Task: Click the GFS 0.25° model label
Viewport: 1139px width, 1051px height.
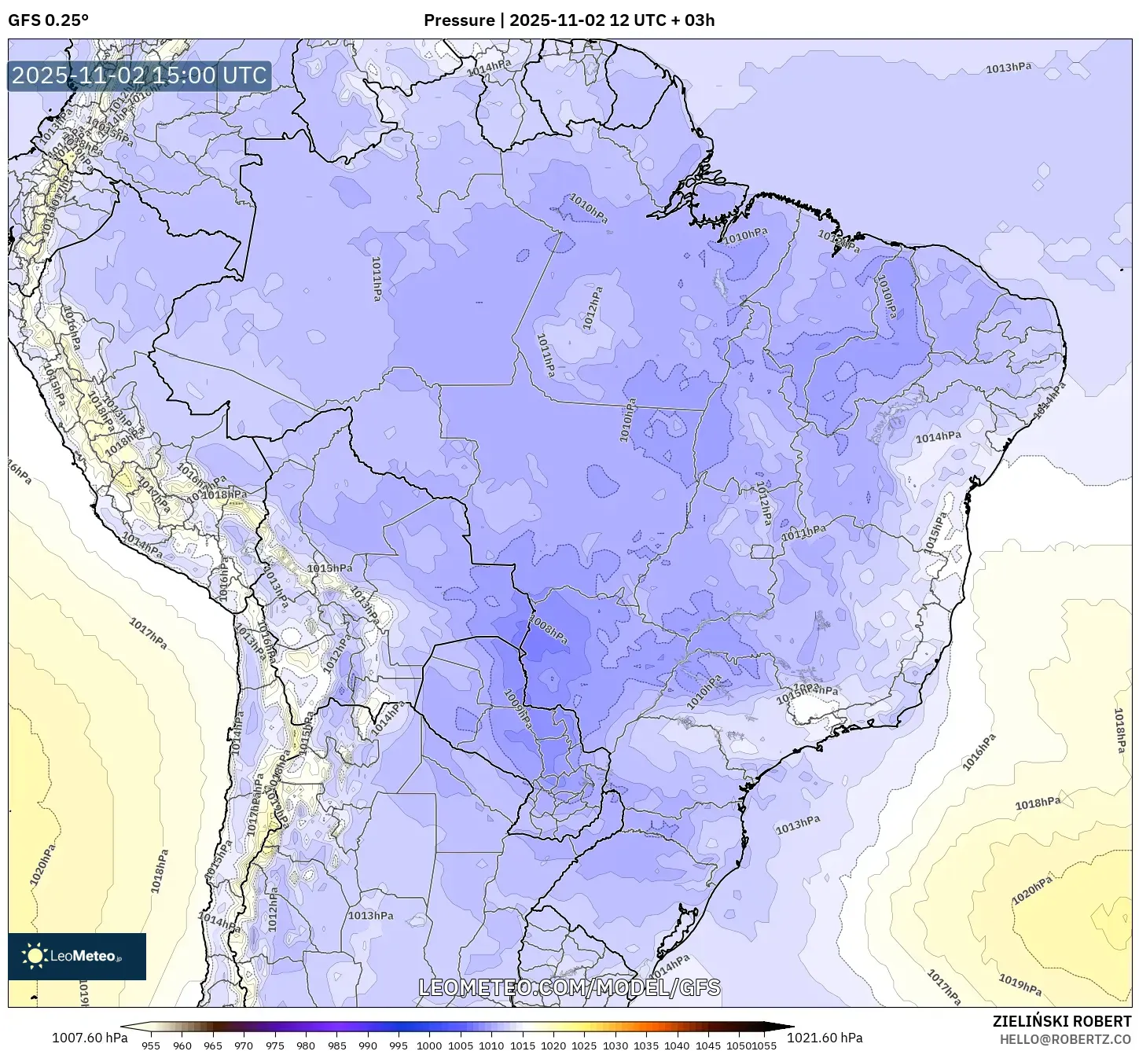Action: (48, 20)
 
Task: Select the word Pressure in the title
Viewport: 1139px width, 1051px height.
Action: (459, 20)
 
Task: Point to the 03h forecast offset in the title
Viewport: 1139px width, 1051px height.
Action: (698, 20)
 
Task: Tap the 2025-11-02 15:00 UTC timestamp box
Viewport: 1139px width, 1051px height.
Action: (139, 76)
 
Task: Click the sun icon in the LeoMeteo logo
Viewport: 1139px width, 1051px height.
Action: (35, 956)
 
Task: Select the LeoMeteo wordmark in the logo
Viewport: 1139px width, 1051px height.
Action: (86, 957)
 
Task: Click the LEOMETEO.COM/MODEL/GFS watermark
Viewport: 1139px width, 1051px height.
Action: (569, 987)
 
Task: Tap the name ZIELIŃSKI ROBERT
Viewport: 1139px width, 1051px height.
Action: (1061, 1022)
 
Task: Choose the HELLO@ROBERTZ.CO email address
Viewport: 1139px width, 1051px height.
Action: (1065, 1039)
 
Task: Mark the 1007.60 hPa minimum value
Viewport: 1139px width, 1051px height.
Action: (89, 1038)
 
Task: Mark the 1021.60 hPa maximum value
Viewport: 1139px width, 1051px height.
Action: (830, 1038)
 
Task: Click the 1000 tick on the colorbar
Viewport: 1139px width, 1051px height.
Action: (429, 1045)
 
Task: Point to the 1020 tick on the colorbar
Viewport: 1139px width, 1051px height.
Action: (553, 1045)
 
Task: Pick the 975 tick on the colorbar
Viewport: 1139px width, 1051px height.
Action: (274, 1045)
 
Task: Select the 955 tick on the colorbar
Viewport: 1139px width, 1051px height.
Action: (151, 1045)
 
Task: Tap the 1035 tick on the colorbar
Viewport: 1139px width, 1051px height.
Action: (646, 1045)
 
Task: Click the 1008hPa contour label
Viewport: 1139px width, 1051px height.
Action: (548, 630)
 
